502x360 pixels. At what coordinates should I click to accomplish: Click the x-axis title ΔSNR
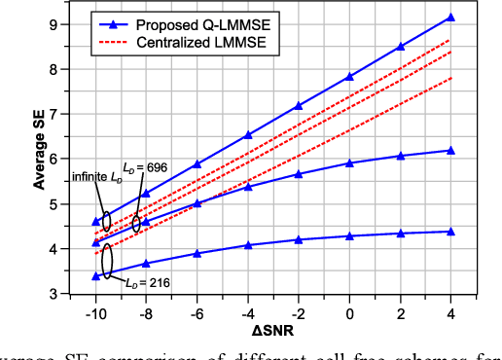pyautogui.click(x=274, y=331)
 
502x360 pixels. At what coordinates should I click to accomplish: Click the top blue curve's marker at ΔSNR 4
pyautogui.click(x=451, y=18)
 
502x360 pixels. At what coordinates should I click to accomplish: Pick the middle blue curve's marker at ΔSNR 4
pyautogui.click(x=451, y=150)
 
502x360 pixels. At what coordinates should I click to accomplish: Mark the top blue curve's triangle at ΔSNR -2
pyautogui.click(x=299, y=105)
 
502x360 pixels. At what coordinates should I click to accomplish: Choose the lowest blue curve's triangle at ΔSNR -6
pyautogui.click(x=197, y=253)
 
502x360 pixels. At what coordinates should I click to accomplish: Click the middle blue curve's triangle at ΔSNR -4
pyautogui.click(x=247, y=186)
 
